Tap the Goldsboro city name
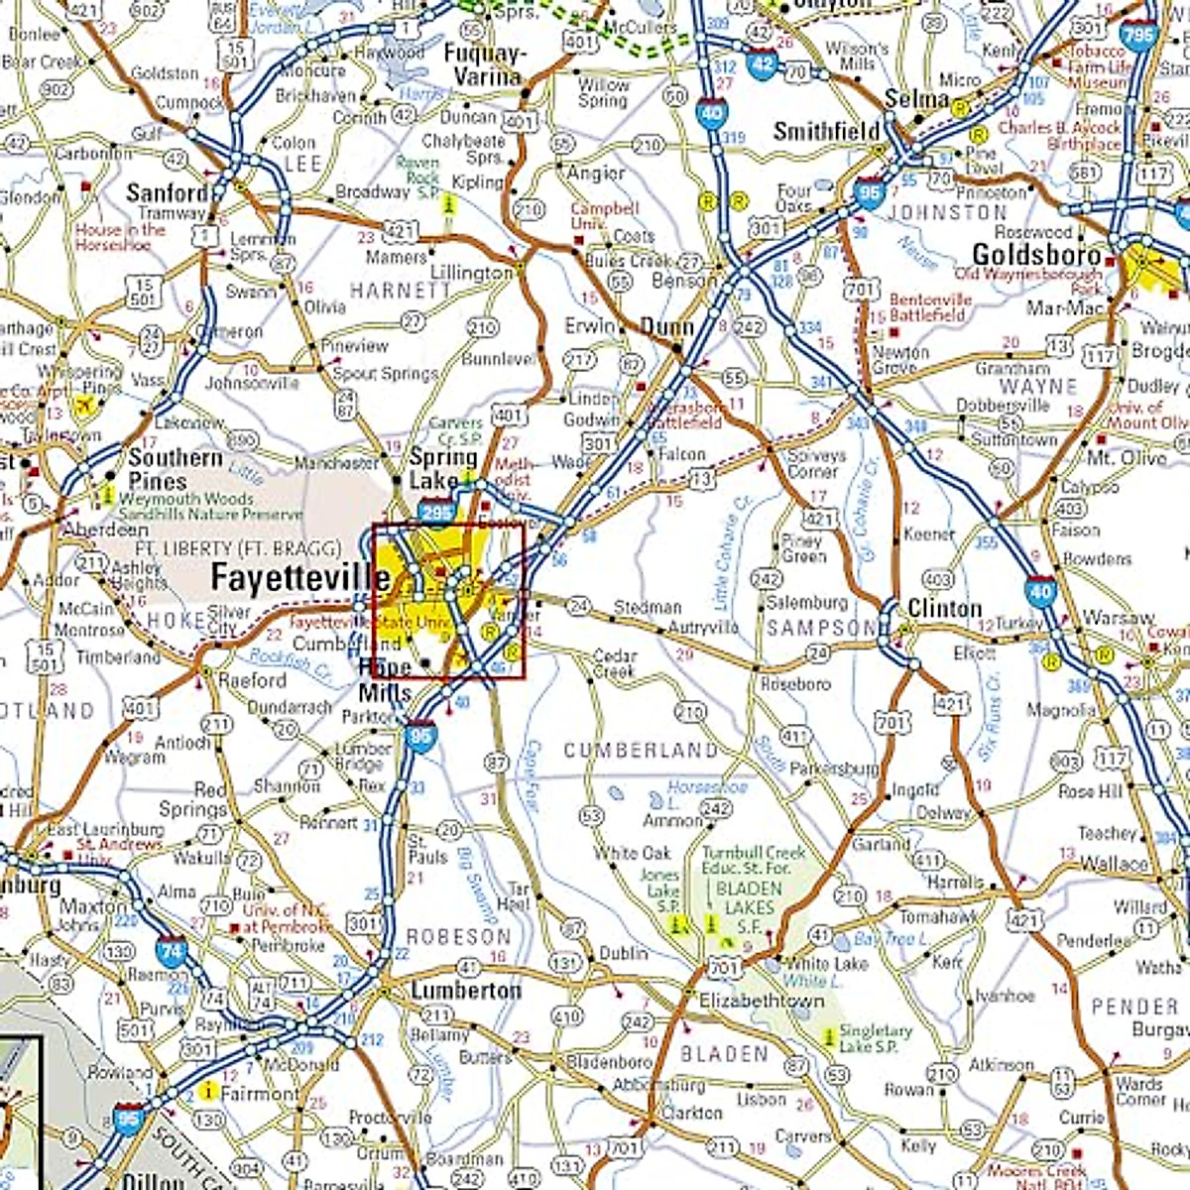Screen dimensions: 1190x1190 (1036, 254)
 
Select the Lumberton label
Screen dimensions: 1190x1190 (465, 991)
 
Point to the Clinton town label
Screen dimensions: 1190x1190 (944, 608)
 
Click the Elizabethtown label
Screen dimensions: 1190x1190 (762, 1001)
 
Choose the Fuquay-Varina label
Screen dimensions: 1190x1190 (486, 64)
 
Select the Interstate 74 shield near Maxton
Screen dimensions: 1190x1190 (172, 952)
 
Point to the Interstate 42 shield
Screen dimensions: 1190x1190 (762, 63)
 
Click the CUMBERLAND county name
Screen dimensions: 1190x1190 (641, 751)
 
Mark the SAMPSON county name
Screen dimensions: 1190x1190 (822, 628)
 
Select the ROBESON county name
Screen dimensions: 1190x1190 (459, 936)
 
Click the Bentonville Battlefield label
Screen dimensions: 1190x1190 (928, 306)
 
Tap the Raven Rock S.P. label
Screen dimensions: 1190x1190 (418, 177)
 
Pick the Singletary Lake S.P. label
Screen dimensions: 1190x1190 (876, 1038)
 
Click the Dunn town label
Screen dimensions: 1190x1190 (666, 326)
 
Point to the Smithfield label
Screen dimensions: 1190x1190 (826, 131)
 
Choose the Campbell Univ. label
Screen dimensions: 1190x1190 (604, 215)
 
